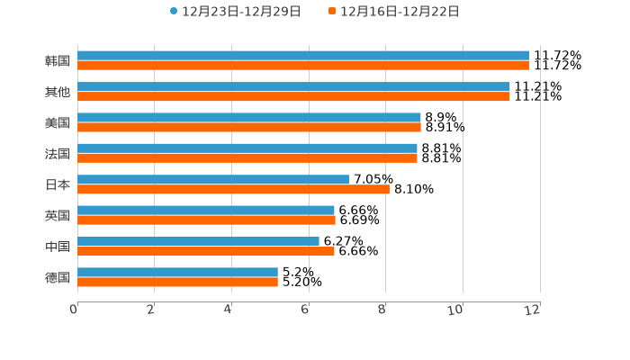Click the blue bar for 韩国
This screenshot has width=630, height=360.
tap(303, 56)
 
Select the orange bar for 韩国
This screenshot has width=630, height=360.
tap(303, 66)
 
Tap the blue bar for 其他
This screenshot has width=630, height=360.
tap(293, 86)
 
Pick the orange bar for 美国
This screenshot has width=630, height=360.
tap(249, 127)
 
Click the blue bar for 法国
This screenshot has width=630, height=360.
tap(247, 148)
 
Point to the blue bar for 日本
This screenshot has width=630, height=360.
tap(213, 179)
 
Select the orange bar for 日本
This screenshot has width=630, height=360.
tap(233, 189)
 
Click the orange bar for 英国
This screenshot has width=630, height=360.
tap(206, 220)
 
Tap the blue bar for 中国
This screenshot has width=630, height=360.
tap(198, 241)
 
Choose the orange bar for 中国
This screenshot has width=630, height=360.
tap(206, 251)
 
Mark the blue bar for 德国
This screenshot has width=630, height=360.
tap(177, 272)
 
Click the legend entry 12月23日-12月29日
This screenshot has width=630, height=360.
tap(235, 12)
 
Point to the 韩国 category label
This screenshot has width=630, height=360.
tap(58, 61)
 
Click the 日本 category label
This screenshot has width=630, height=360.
tap(58, 184)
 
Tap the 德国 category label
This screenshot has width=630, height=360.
tap(58, 277)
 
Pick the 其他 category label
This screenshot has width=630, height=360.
tap(58, 92)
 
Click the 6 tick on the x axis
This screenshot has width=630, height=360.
tap(305, 310)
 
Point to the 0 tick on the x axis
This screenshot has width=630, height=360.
tap(74, 310)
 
